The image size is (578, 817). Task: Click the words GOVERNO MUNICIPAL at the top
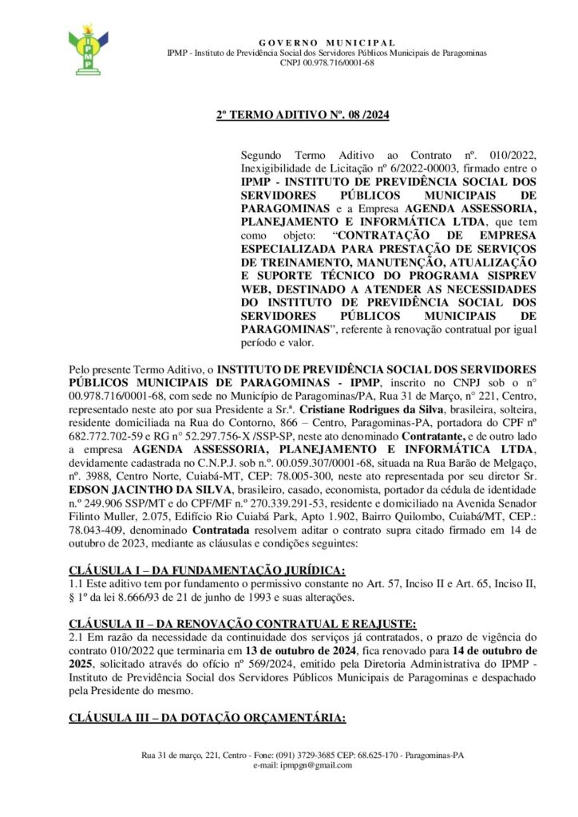pos(327,41)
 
